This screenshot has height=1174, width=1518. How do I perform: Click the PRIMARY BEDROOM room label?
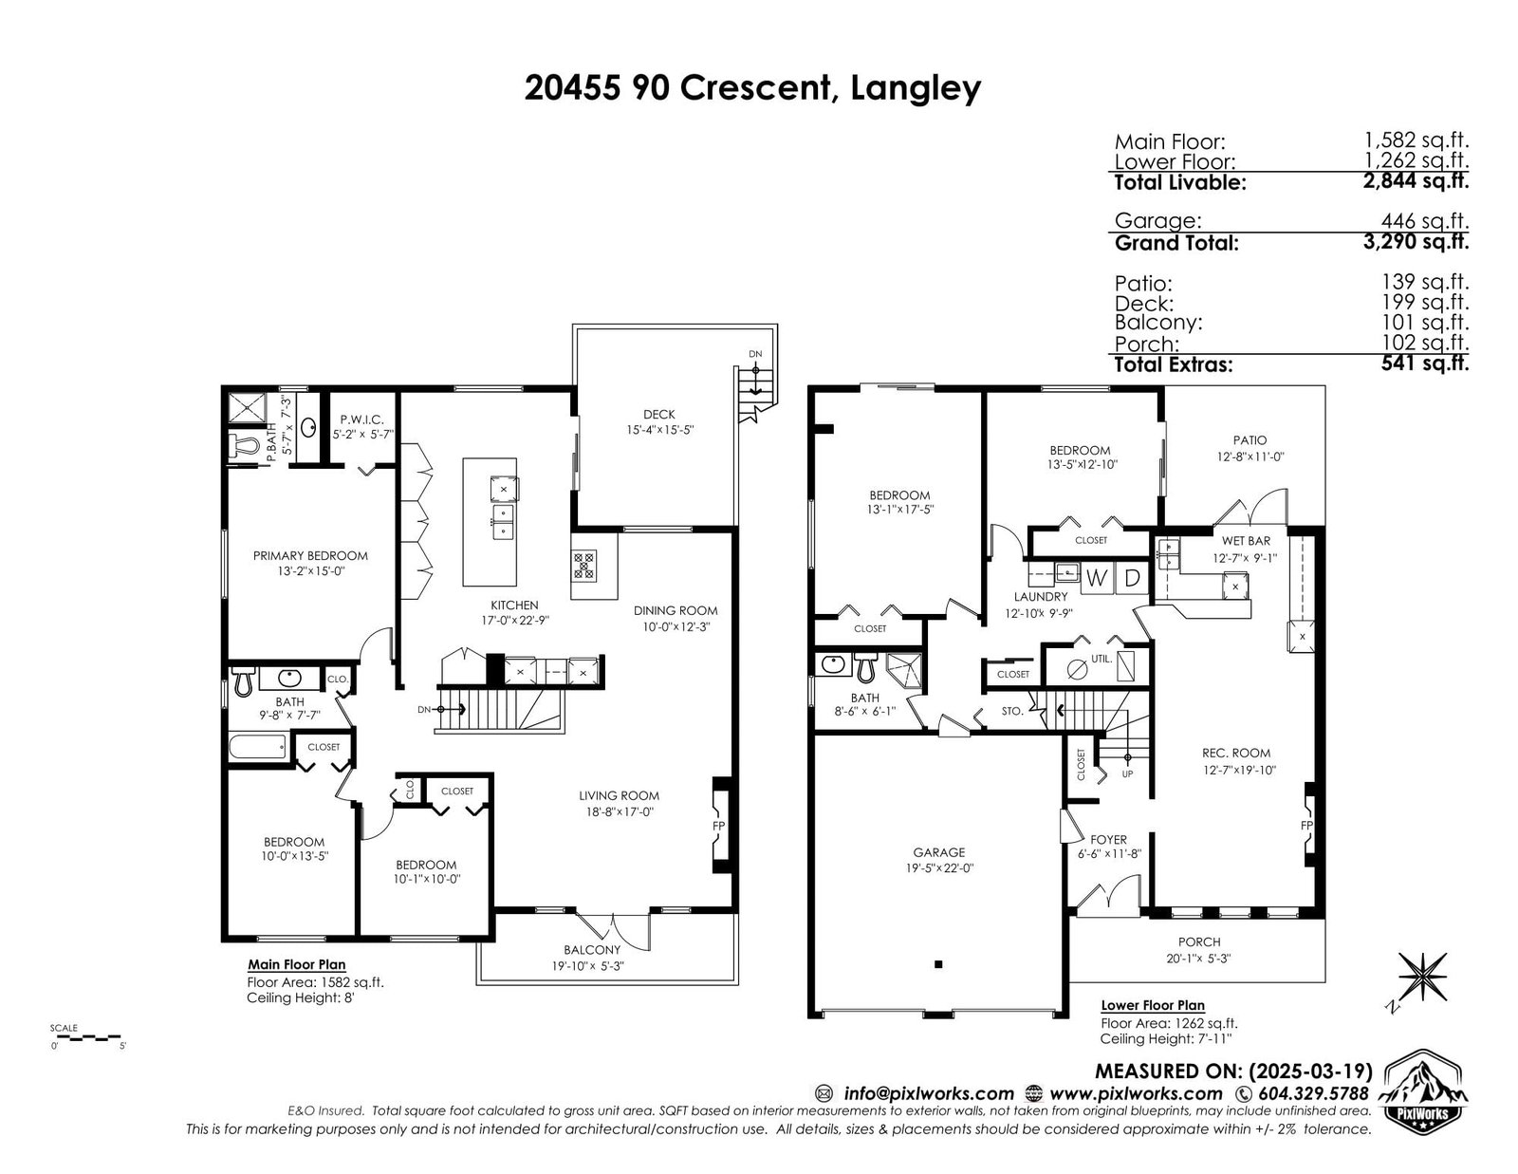(x=310, y=556)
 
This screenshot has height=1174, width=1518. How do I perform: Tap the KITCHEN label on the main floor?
(x=514, y=606)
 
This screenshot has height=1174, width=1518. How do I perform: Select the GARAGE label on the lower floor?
(x=939, y=852)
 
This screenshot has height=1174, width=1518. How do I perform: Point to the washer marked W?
(x=1097, y=579)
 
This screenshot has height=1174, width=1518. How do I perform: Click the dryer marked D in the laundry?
(x=1132, y=579)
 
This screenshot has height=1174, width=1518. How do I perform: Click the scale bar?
(x=85, y=1037)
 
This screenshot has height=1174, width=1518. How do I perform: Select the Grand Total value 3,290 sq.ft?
(x=1416, y=242)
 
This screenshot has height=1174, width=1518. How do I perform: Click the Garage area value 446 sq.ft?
(x=1424, y=221)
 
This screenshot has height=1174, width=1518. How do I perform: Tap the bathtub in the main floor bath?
(x=257, y=746)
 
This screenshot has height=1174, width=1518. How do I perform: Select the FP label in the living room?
(x=718, y=826)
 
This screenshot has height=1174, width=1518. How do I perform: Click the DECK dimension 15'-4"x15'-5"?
(x=659, y=431)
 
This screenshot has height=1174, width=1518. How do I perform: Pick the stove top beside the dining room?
(x=584, y=566)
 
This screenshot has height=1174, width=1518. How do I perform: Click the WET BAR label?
(x=1246, y=541)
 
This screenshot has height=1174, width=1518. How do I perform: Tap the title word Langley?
(x=916, y=88)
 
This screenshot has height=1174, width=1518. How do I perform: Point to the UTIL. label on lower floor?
(x=1101, y=659)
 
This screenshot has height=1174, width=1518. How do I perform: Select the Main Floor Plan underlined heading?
(x=297, y=965)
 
